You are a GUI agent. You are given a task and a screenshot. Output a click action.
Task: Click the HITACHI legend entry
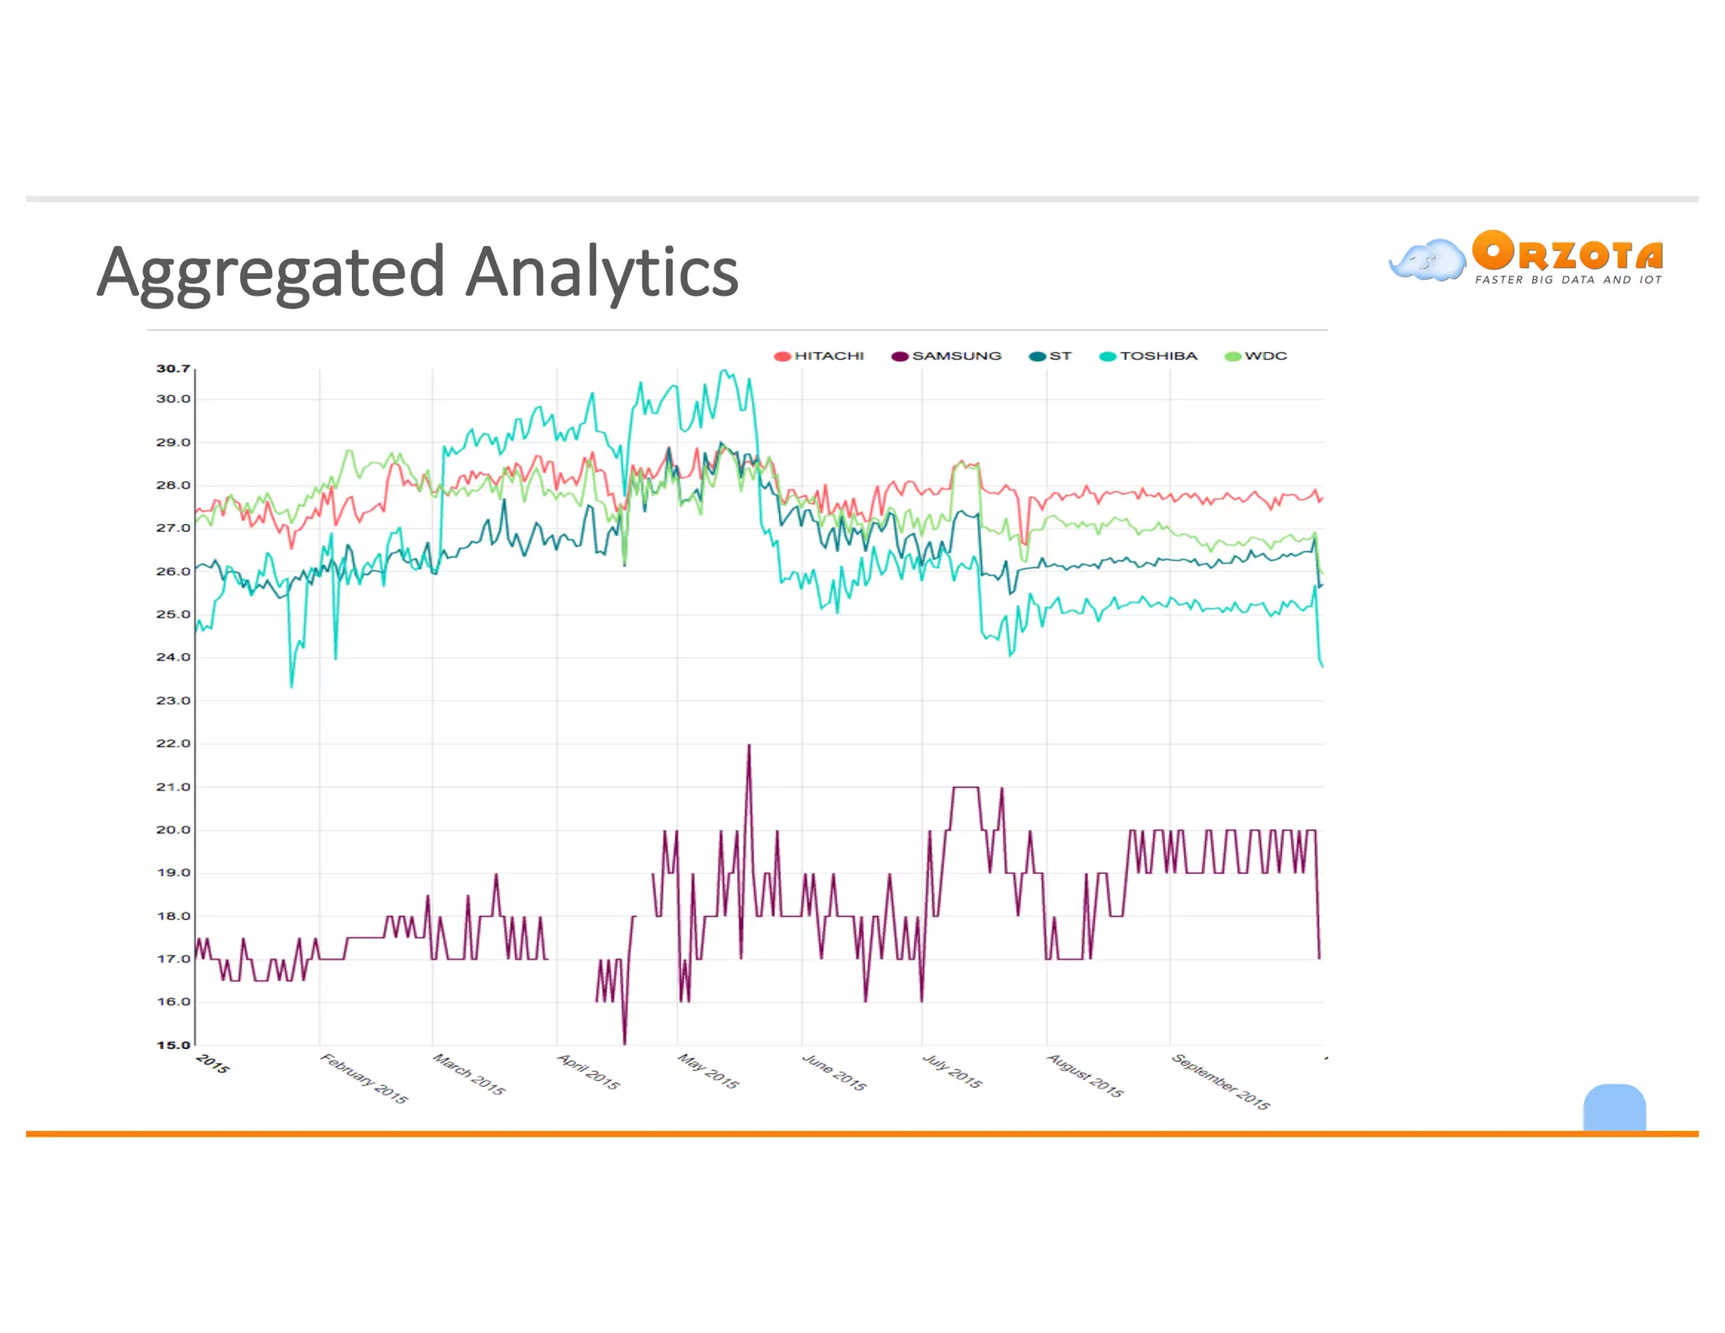pyautogui.click(x=820, y=356)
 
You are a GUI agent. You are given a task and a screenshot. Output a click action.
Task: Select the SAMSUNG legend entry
pyautogui.click(x=948, y=356)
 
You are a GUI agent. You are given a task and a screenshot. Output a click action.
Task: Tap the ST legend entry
pyautogui.click(x=1051, y=356)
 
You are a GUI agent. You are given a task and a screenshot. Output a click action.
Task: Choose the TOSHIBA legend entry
pyautogui.click(x=1149, y=356)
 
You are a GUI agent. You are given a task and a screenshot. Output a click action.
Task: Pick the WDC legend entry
pyautogui.click(x=1257, y=356)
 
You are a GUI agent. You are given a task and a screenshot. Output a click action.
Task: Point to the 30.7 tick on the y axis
pyautogui.click(x=174, y=369)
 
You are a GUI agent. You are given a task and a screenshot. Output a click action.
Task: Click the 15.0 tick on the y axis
pyautogui.click(x=174, y=1045)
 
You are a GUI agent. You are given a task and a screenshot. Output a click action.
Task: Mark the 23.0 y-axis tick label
pyautogui.click(x=174, y=700)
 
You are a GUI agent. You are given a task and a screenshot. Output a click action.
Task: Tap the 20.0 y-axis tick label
pyautogui.click(x=174, y=830)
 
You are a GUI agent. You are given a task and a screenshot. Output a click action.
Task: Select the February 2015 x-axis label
pyautogui.click(x=364, y=1079)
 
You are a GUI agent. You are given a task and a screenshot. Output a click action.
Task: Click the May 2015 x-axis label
pyautogui.click(x=708, y=1072)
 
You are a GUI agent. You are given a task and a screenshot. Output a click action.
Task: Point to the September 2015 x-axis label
pyautogui.click(x=1220, y=1081)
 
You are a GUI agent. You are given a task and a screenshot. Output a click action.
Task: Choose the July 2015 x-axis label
pyautogui.click(x=952, y=1072)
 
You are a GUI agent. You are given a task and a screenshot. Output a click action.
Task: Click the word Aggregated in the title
pyautogui.click(x=270, y=273)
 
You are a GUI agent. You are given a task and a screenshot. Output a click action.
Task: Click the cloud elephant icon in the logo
pyautogui.click(x=1428, y=260)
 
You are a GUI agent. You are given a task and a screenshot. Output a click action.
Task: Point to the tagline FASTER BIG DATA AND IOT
pyautogui.click(x=1568, y=280)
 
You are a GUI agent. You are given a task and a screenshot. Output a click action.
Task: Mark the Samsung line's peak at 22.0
pyautogui.click(x=749, y=746)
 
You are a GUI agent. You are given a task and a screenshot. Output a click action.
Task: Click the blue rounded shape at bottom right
pyautogui.click(x=1614, y=1107)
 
